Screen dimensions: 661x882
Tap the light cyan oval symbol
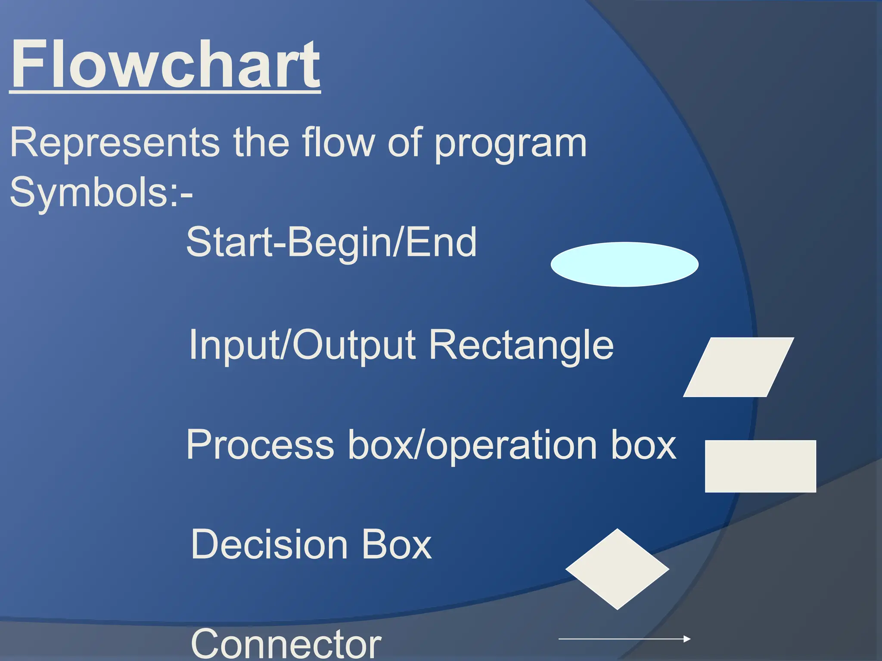pyautogui.click(x=624, y=264)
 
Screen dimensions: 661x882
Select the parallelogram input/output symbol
pyautogui.click(x=738, y=367)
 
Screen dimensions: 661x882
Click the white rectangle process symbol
pyautogui.click(x=760, y=466)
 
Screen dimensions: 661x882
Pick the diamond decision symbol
pyautogui.click(x=617, y=569)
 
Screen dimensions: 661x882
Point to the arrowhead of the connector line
pyautogui.click(x=687, y=639)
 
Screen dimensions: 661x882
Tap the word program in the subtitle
pyautogui.click(x=510, y=144)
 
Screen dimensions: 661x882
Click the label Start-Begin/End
pyautogui.click(x=331, y=242)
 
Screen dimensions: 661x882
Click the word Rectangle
pyautogui.click(x=521, y=345)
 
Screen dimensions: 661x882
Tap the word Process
pyautogui.click(x=260, y=445)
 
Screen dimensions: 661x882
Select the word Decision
pyautogui.click(x=269, y=544)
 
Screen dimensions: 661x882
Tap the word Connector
pyautogui.click(x=286, y=644)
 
